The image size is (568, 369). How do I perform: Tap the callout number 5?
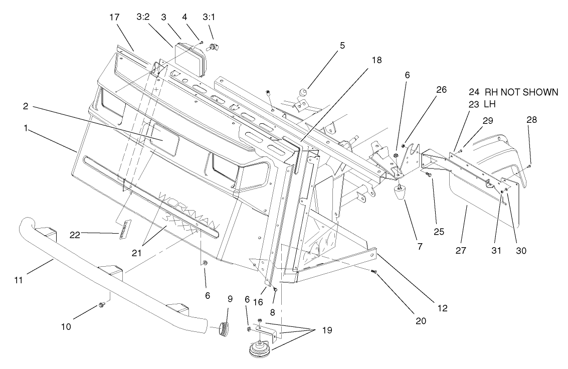(x=342, y=45)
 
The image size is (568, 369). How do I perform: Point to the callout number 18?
(x=376, y=60)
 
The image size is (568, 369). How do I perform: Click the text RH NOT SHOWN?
(x=521, y=92)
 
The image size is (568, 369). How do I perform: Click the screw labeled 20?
(x=373, y=271)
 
